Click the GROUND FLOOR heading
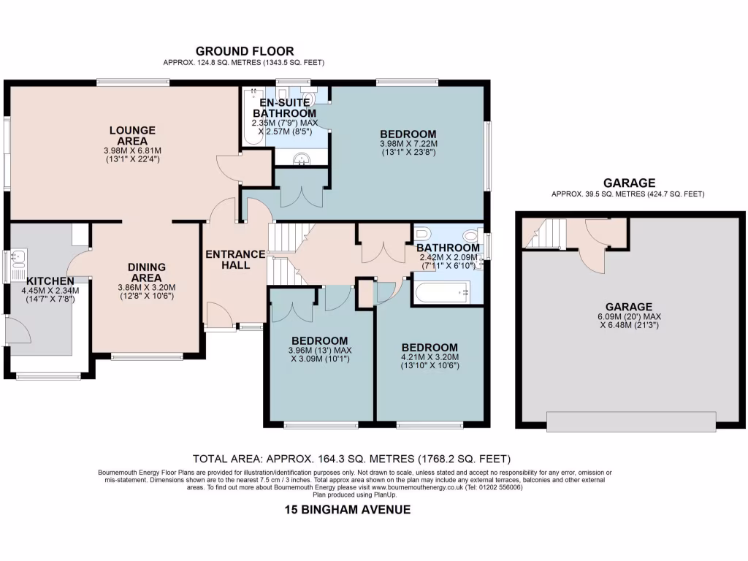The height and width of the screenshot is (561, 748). [245, 51]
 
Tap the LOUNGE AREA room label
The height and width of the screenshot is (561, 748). [132, 135]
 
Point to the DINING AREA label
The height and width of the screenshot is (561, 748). [146, 272]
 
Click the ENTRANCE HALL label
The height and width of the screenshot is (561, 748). [234, 259]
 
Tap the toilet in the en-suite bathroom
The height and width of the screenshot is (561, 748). [310, 98]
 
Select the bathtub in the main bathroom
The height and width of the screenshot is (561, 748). [440, 293]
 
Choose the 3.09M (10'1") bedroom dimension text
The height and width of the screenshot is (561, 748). [319, 359]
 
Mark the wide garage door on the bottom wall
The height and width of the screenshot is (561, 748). [630, 421]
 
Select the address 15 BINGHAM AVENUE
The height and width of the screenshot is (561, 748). [347, 510]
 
